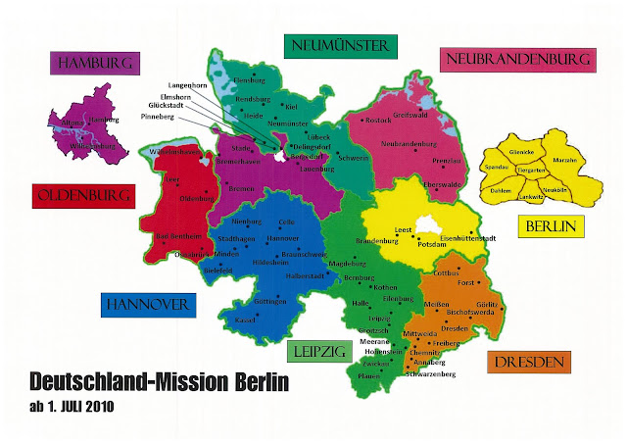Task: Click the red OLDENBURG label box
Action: (81, 197)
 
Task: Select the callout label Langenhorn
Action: (189, 86)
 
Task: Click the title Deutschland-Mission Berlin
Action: (161, 381)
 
